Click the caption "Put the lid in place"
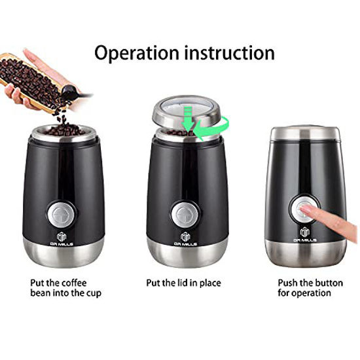coord(183,283)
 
